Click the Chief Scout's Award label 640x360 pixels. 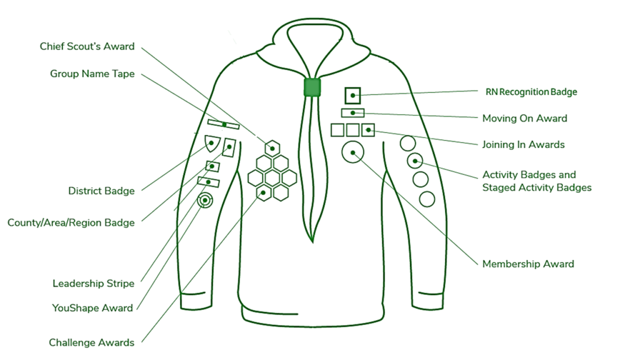pos(87,47)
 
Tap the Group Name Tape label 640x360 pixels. pos(92,74)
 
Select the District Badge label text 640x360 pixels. pos(101,191)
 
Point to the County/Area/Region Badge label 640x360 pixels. pos(71,222)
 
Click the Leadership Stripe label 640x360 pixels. pos(93,284)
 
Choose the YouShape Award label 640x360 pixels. pos(92,308)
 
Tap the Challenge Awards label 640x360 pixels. pos(91,342)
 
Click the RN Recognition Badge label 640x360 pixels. pos(531,92)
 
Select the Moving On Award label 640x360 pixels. pos(524,118)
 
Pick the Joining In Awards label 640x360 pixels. pos(523,145)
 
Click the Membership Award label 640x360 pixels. pos(527,264)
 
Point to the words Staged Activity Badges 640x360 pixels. pos(536,187)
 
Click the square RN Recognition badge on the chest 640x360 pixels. pos(353,96)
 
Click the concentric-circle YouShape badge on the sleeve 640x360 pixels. pos(204,201)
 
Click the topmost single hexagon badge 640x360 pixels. pos(272,147)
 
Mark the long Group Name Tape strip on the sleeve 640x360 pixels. pos(223,124)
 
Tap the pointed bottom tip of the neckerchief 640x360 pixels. pos(311,241)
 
